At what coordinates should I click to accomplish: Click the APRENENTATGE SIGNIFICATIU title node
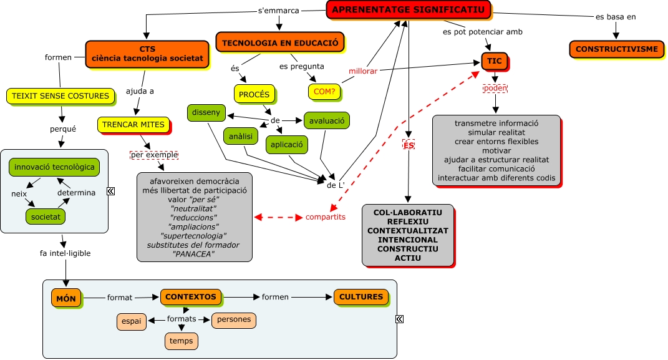409,9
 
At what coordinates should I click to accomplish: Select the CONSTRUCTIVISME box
616,49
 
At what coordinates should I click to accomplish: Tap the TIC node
495,61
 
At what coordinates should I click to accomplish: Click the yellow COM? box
324,91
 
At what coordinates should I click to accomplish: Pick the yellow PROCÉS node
254,94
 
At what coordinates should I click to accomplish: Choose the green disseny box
206,113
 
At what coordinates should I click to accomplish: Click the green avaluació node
326,120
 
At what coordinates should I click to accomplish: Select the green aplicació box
287,145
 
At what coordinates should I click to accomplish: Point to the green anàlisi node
240,135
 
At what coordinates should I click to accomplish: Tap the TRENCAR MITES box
133,125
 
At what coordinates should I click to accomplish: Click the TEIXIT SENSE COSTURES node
61,96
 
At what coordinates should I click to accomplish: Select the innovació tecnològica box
54,167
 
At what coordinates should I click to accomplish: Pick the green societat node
46,216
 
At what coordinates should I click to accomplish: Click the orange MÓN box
65,299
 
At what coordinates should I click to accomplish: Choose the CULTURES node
361,297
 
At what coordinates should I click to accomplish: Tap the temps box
182,341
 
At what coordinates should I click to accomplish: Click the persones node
234,320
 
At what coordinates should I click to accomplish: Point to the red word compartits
325,217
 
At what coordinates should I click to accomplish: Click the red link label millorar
363,71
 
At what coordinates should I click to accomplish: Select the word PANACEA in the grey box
194,253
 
